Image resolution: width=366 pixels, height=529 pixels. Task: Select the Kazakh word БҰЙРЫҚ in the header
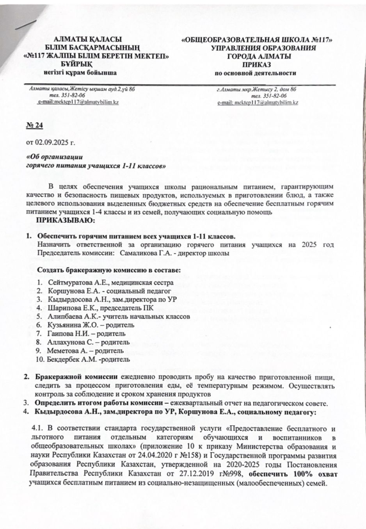[76, 64]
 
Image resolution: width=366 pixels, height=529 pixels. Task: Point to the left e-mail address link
[78, 102]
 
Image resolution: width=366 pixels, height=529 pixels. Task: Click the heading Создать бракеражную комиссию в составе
[108, 270]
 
